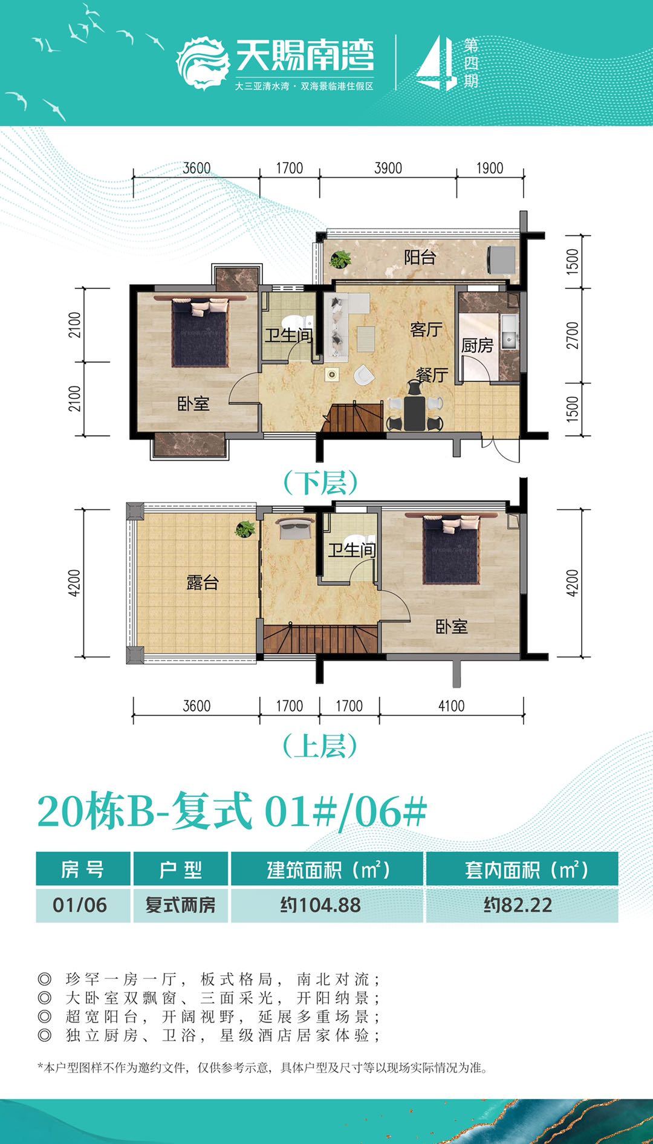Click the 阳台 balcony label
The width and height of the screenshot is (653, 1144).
pos(420,258)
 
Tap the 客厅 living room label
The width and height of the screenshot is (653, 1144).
pos(426,330)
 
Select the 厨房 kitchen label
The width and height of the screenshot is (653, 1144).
pos(477,346)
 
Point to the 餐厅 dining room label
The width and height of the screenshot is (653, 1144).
pos(432,375)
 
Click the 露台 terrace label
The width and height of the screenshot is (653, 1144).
pos(202,583)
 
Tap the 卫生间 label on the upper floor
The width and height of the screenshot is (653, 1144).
pos(352,550)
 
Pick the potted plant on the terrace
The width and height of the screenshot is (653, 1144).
pos(245,530)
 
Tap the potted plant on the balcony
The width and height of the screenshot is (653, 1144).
pos(340,259)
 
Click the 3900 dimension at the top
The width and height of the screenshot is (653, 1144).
pos(388,168)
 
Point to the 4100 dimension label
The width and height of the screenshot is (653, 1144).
pos(451,706)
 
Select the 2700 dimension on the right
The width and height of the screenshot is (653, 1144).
pos(572,336)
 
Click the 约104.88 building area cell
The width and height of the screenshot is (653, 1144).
pos(320,905)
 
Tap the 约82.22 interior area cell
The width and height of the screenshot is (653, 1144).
pos(518,905)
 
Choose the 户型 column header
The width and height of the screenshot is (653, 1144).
pos(180,869)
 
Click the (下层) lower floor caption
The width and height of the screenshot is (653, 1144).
pos(321,483)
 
